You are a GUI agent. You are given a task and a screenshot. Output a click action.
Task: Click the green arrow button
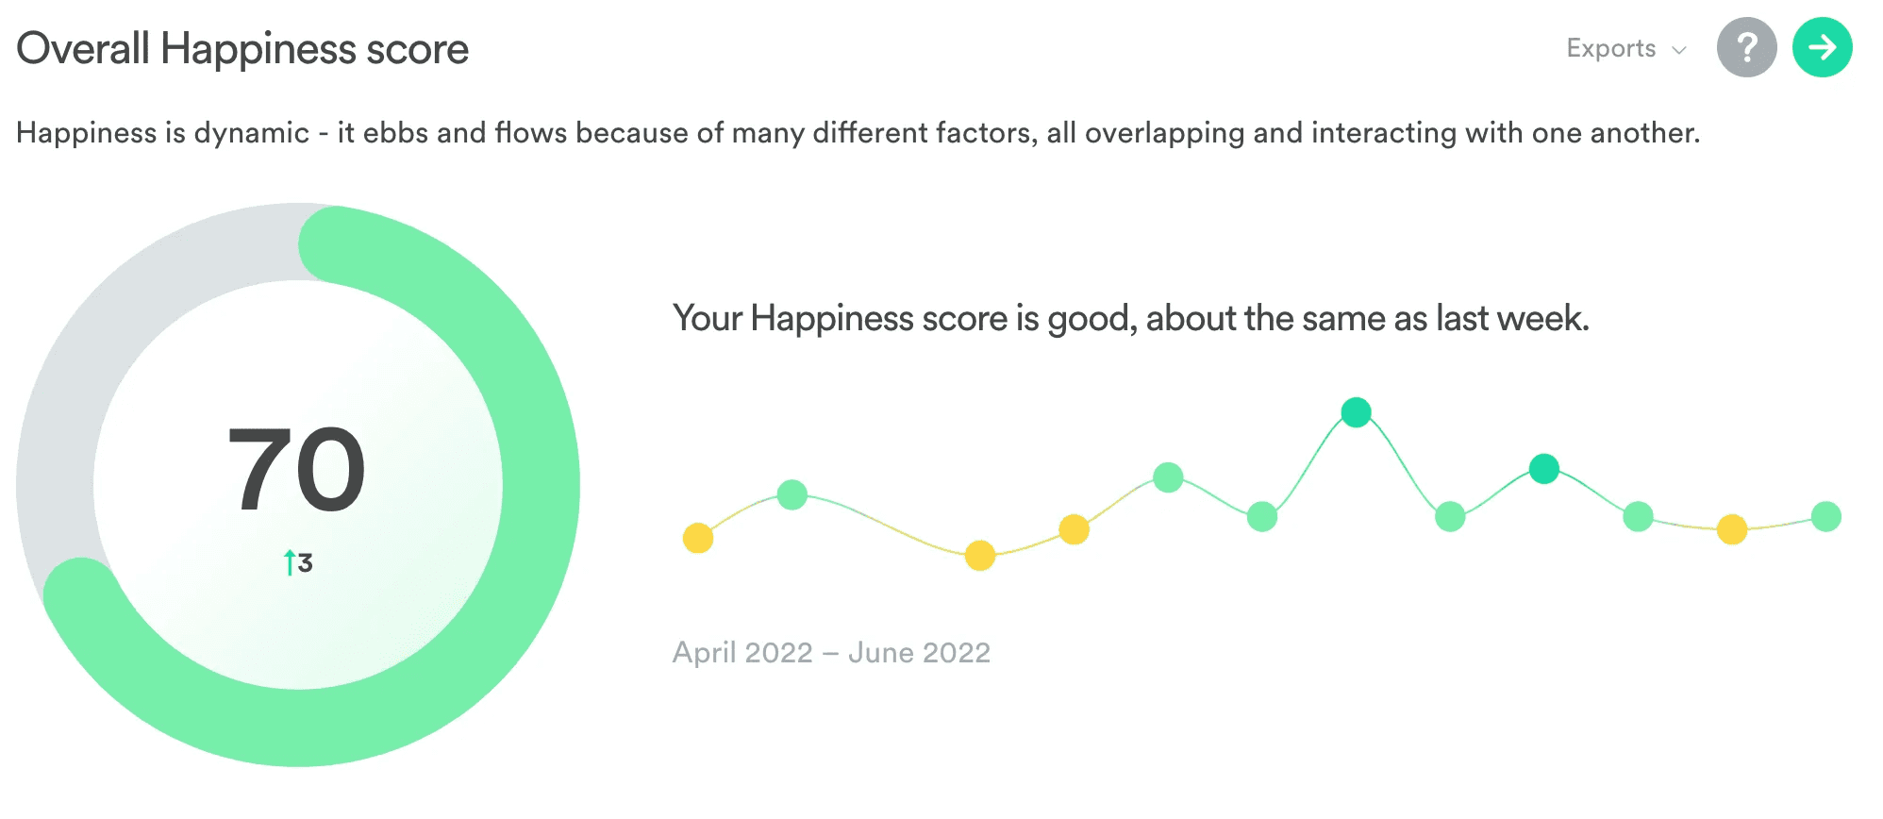[1822, 47]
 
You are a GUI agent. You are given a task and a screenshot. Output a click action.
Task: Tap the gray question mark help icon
[1746, 47]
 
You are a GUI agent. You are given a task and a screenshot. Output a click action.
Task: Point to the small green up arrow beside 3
[290, 562]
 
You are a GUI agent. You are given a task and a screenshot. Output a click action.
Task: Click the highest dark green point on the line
[1356, 412]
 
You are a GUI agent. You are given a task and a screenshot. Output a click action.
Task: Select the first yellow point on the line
[698, 538]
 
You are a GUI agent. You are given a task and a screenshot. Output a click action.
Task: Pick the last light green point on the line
[1826, 516]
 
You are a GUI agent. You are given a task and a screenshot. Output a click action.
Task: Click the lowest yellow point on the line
[980, 556]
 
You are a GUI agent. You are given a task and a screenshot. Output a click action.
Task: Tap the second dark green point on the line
[1543, 468]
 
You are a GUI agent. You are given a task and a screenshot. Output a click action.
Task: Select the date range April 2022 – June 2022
[831, 652]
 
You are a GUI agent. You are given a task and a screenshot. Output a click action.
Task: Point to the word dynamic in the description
[251, 133]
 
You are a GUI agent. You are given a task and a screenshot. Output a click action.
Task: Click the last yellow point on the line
[1732, 529]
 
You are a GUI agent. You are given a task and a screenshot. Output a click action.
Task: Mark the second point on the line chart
[792, 494]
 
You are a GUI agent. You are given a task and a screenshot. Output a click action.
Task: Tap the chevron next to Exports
[1679, 50]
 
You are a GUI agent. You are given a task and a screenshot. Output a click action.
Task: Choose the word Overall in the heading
[83, 49]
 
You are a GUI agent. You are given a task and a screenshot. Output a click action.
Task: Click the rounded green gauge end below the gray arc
[82, 595]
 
